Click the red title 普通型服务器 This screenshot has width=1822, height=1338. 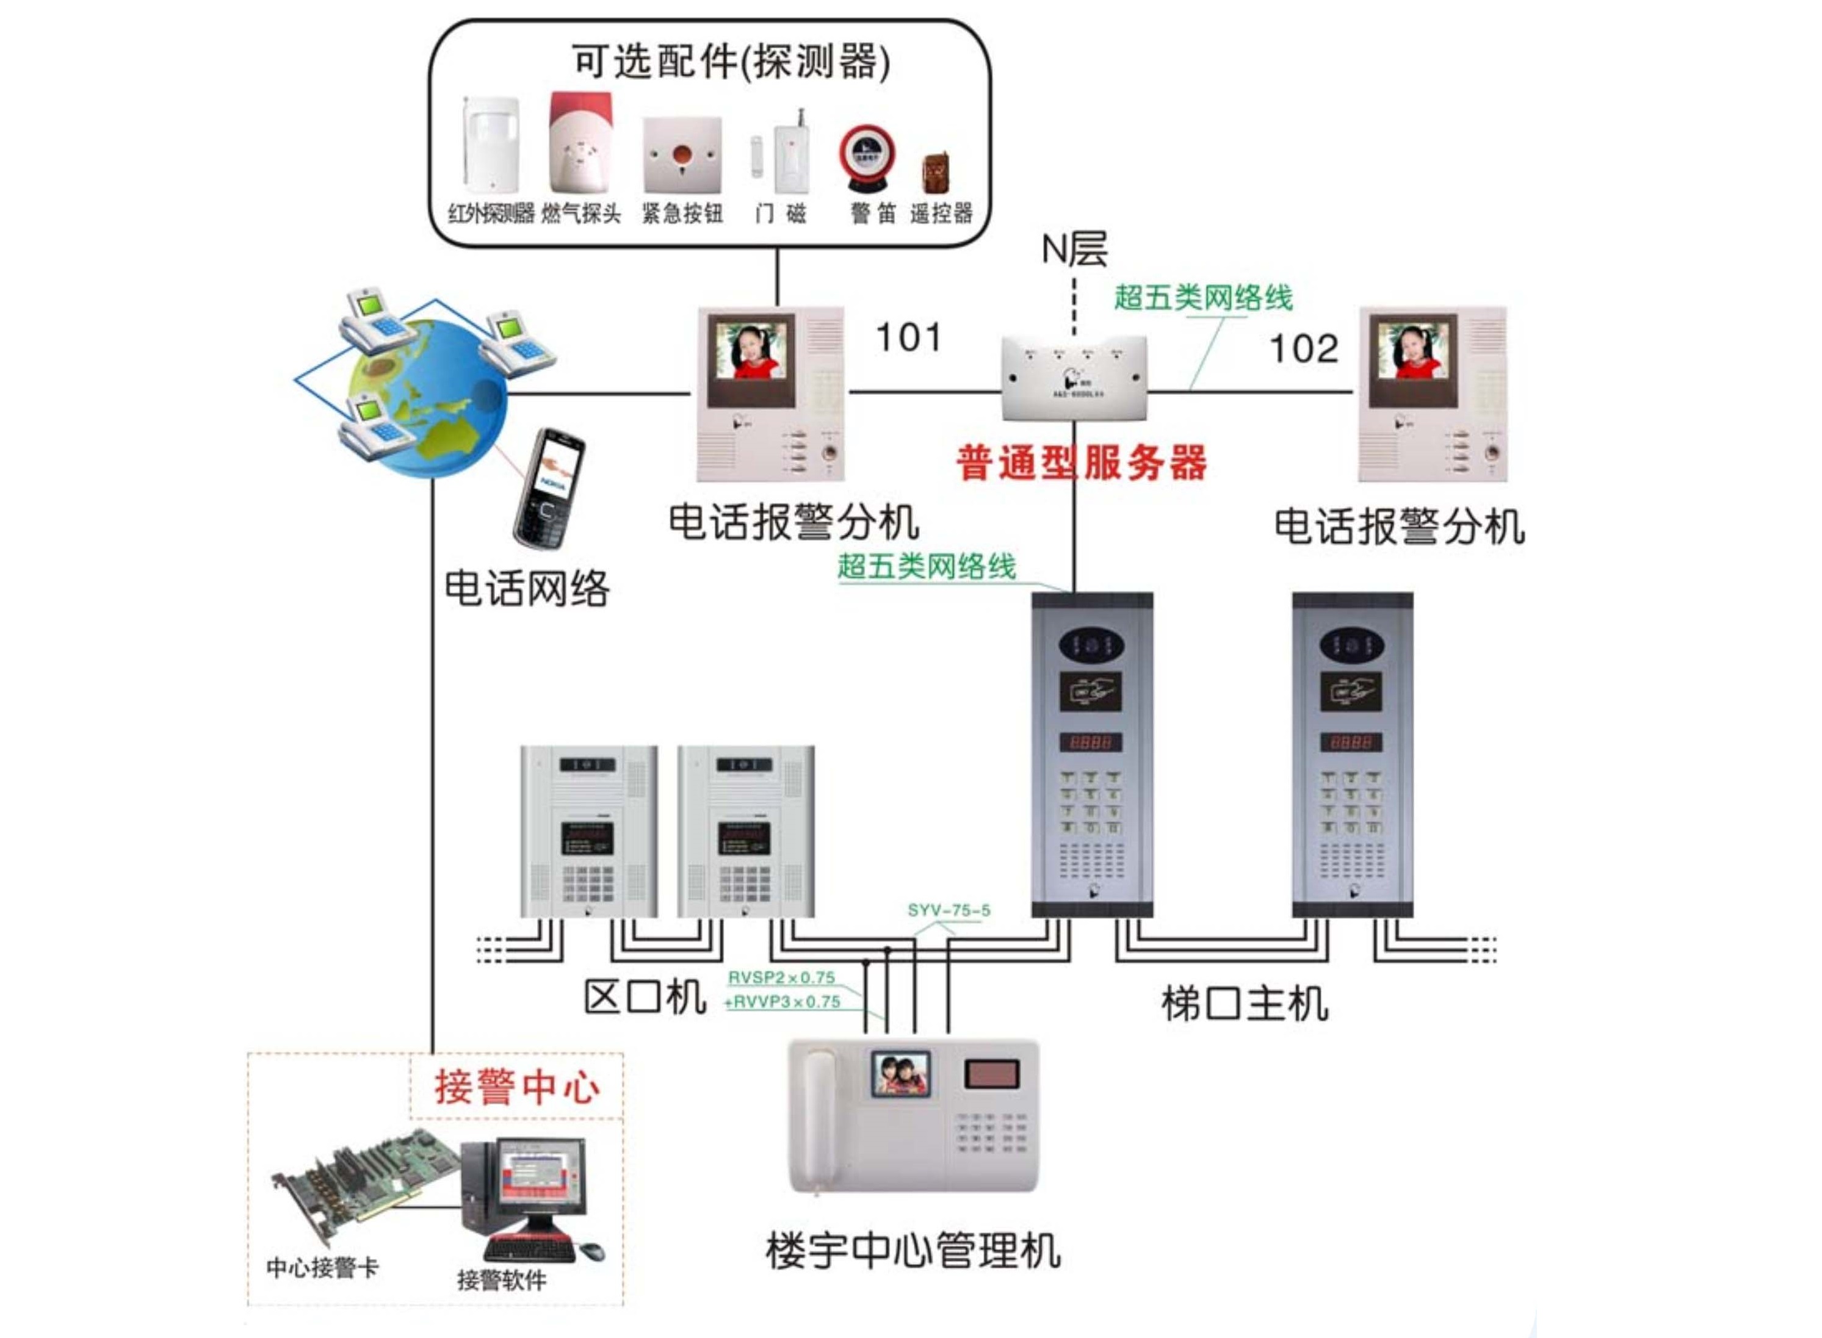point(1081,463)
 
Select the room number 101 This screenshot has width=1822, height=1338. point(908,338)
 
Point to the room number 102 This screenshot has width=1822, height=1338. point(1303,349)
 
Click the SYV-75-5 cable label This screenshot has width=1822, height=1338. point(949,910)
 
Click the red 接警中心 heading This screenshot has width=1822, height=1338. point(517,1086)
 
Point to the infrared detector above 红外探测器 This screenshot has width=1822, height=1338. point(490,143)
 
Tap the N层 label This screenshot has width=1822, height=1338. point(1074,250)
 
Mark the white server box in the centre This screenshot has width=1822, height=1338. point(1074,378)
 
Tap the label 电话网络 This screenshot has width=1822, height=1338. point(527,588)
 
